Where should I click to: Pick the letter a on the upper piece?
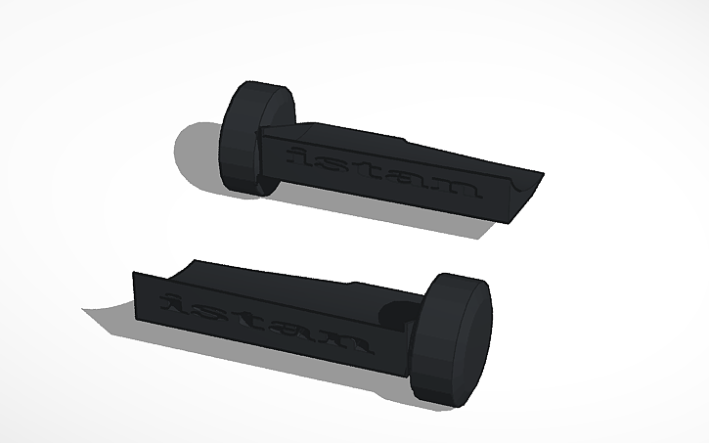tap(411, 179)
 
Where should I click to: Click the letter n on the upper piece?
tap(458, 187)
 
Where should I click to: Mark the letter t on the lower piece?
tap(244, 322)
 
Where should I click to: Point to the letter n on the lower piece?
tap(344, 343)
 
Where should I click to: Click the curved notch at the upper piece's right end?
tap(524, 181)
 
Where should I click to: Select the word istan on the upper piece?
tap(381, 171)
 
